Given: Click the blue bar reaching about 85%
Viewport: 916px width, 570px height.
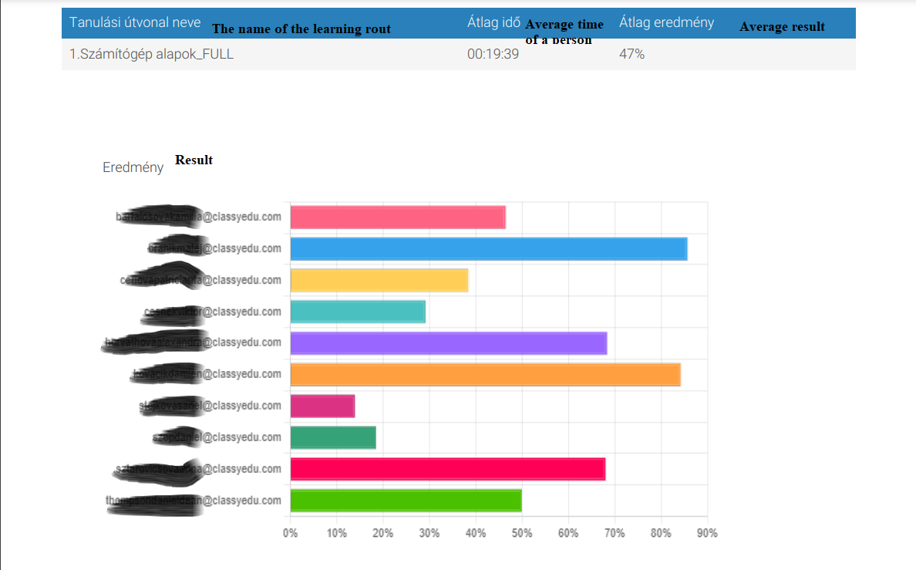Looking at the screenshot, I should pyautogui.click(x=488, y=248).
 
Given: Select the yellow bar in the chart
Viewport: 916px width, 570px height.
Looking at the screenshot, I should pyautogui.click(x=379, y=280).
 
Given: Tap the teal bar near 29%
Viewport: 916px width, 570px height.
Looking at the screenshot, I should pyautogui.click(x=358, y=312).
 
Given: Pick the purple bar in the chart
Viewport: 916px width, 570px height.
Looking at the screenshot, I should pyautogui.click(x=448, y=343).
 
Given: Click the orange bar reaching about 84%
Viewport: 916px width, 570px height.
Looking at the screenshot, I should pyautogui.click(x=485, y=375).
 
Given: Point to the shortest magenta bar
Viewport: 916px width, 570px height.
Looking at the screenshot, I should pyautogui.click(x=322, y=406).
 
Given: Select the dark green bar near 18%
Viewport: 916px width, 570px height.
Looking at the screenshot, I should pyautogui.click(x=333, y=437).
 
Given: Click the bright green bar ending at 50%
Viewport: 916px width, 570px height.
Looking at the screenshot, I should pyautogui.click(x=406, y=501).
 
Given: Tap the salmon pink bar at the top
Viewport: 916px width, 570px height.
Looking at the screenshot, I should pyautogui.click(x=398, y=218).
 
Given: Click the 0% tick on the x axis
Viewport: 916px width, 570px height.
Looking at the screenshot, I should pyautogui.click(x=291, y=533).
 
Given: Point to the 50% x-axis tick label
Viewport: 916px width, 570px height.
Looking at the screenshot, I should pyautogui.click(x=522, y=533).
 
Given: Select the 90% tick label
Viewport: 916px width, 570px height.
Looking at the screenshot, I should pyautogui.click(x=707, y=533).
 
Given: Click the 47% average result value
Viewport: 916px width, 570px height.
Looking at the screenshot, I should pyautogui.click(x=631, y=55).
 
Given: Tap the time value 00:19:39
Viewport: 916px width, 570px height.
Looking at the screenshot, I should pyautogui.click(x=493, y=55).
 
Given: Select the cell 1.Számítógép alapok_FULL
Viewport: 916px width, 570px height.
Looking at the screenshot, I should pyautogui.click(x=151, y=55).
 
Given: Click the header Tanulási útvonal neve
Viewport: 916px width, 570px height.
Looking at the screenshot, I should pyautogui.click(x=135, y=22).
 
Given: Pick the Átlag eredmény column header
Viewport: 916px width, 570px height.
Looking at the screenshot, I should pyautogui.click(x=666, y=22).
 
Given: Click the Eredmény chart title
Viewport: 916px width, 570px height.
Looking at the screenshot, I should pyautogui.click(x=133, y=167).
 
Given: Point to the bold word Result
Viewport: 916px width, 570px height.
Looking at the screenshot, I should pyautogui.click(x=194, y=160).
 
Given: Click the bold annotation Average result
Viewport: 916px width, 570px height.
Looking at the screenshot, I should pyautogui.click(x=782, y=27).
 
